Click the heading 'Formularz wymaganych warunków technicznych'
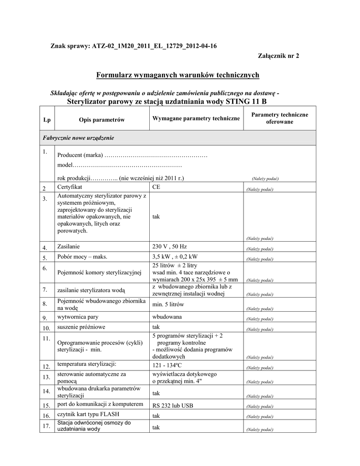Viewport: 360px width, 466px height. [177, 75]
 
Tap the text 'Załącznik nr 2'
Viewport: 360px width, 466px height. [279, 56]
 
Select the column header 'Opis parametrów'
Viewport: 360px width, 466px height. [101, 119]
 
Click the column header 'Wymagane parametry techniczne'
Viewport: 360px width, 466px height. [196, 118]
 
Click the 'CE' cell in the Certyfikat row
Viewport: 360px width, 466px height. [156, 187]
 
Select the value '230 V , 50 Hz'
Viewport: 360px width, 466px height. [169, 247]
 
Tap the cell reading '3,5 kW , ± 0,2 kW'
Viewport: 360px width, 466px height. [175, 257]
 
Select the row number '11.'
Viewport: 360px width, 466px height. [46, 339]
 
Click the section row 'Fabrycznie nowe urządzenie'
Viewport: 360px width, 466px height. [78, 137]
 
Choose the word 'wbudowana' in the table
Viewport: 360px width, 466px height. [167, 316]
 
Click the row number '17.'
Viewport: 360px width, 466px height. [46, 426]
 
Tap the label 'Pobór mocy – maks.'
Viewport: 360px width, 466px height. [82, 257]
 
